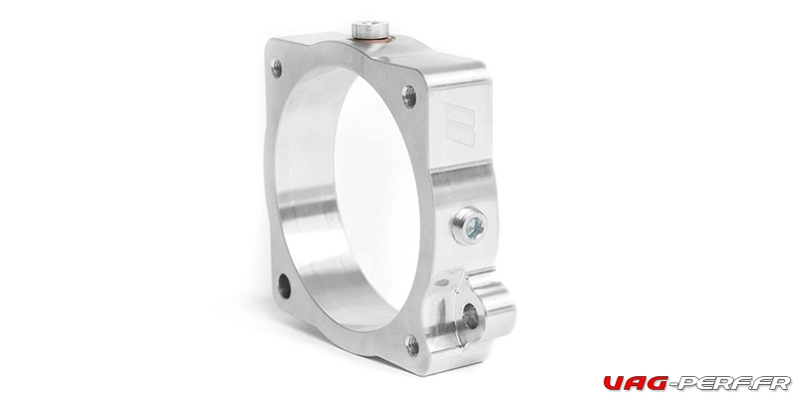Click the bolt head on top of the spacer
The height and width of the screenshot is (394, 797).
pos(370,28)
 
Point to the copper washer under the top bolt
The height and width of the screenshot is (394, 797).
pos(371,39)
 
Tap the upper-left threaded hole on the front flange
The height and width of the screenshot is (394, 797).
pos(277,68)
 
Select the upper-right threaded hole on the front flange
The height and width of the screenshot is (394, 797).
pos(409,96)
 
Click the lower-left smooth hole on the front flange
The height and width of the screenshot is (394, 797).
pos(284,286)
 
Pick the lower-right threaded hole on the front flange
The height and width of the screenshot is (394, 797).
pos(412,346)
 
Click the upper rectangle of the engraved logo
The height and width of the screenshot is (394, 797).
pos(460,115)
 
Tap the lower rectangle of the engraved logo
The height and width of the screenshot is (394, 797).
pos(460,137)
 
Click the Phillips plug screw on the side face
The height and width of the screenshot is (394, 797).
pos(469,226)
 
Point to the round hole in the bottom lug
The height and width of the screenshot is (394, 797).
pos(470,316)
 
